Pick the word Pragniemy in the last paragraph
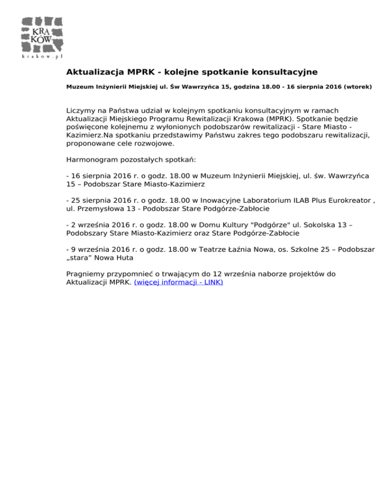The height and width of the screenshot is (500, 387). point(87,274)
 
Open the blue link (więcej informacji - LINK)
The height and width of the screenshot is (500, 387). point(178,282)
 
